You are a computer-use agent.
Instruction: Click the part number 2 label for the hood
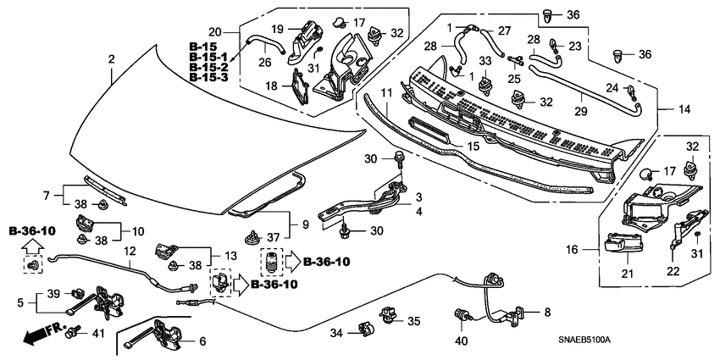pyautogui.click(x=110, y=58)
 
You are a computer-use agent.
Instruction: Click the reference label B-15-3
pyautogui.click(x=209, y=77)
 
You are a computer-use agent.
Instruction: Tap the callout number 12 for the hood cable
pyautogui.click(x=129, y=251)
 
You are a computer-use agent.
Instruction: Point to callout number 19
pyautogui.click(x=255, y=29)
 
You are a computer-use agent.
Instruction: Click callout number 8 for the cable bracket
pyautogui.click(x=546, y=312)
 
